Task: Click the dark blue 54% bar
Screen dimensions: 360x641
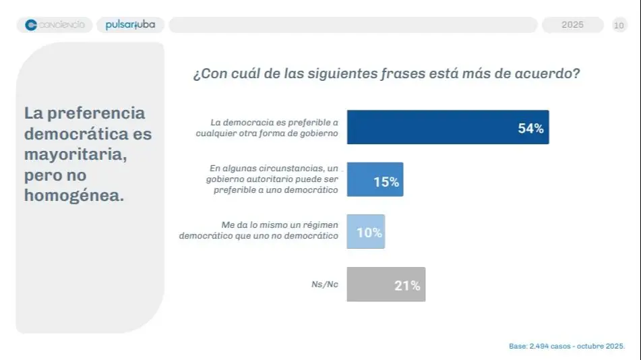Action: click(x=448, y=127)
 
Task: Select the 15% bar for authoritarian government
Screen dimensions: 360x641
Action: click(x=375, y=179)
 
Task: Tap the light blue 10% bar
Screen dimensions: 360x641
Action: click(x=365, y=232)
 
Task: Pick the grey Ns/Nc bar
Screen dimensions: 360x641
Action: click(x=386, y=284)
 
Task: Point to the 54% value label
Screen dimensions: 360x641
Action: click(x=530, y=129)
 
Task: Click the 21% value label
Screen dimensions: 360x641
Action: click(x=407, y=286)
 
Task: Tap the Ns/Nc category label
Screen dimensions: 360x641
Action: click(x=324, y=284)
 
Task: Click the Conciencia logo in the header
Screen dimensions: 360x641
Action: click(x=55, y=25)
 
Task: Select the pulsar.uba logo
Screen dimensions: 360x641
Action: click(x=130, y=25)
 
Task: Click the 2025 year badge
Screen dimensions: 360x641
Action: click(x=572, y=25)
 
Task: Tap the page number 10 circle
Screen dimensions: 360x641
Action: click(x=619, y=26)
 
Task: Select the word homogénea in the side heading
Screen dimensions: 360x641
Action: click(x=74, y=196)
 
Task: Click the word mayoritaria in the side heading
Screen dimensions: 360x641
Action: click(x=75, y=154)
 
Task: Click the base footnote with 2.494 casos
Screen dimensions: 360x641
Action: click(x=566, y=346)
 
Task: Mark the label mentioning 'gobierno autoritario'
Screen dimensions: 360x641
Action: click(x=272, y=179)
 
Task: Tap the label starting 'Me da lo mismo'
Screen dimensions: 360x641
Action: click(x=259, y=231)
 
